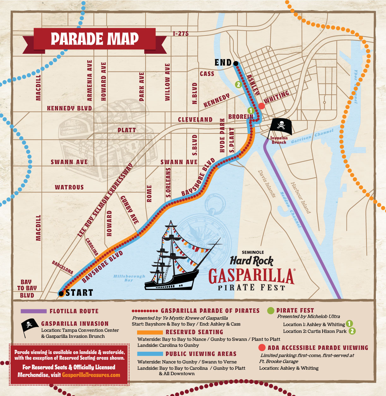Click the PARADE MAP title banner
[x=94, y=39]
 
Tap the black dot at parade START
[x=61, y=294]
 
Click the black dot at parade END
[x=236, y=64]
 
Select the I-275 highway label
[x=181, y=34]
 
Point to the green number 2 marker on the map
[x=238, y=84]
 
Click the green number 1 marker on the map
[x=250, y=110]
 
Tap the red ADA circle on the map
[x=262, y=106]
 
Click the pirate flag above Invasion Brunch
[x=280, y=126]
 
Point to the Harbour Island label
[x=300, y=198]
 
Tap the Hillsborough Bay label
[x=129, y=278]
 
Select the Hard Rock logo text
[x=251, y=261]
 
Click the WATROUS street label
[x=69, y=187]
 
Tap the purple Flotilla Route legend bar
[x=33, y=311]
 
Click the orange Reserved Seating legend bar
[x=150, y=332]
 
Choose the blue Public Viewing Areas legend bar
[x=150, y=354]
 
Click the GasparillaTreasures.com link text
[x=91, y=375]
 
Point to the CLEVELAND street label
[x=195, y=120]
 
